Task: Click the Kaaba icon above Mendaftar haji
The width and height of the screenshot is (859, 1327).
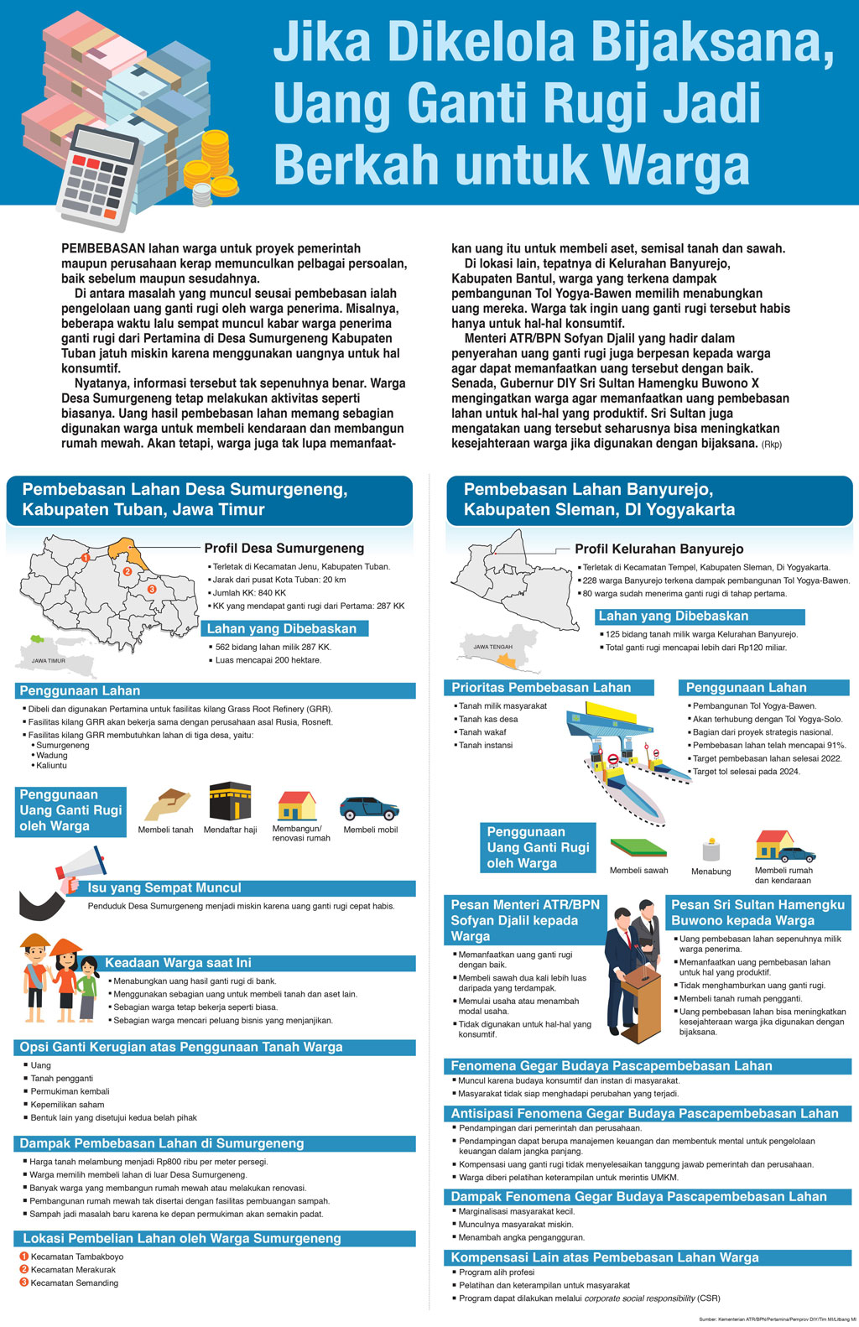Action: (230, 802)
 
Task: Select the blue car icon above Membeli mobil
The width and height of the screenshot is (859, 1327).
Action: (369, 808)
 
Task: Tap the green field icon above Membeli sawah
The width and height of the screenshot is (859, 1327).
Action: (638, 847)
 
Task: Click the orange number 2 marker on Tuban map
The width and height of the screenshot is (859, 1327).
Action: (128, 572)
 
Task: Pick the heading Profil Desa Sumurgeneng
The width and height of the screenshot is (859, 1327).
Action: (284, 549)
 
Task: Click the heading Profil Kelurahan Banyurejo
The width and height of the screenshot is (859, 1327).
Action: (659, 549)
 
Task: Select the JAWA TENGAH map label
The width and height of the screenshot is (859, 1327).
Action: (492, 647)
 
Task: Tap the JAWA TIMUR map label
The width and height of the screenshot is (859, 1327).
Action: (49, 661)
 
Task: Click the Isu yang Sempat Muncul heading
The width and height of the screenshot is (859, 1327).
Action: (164, 888)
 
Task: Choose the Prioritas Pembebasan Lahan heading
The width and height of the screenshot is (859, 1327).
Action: (541, 688)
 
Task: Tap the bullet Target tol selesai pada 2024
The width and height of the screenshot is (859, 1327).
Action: (746, 772)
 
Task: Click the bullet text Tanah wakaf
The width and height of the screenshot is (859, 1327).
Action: (482, 732)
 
